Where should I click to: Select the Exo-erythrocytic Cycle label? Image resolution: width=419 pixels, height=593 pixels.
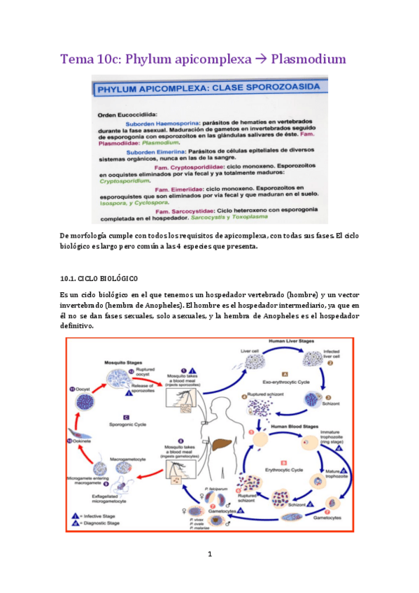[285, 383]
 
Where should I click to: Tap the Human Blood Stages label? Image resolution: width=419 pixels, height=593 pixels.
[290, 427]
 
